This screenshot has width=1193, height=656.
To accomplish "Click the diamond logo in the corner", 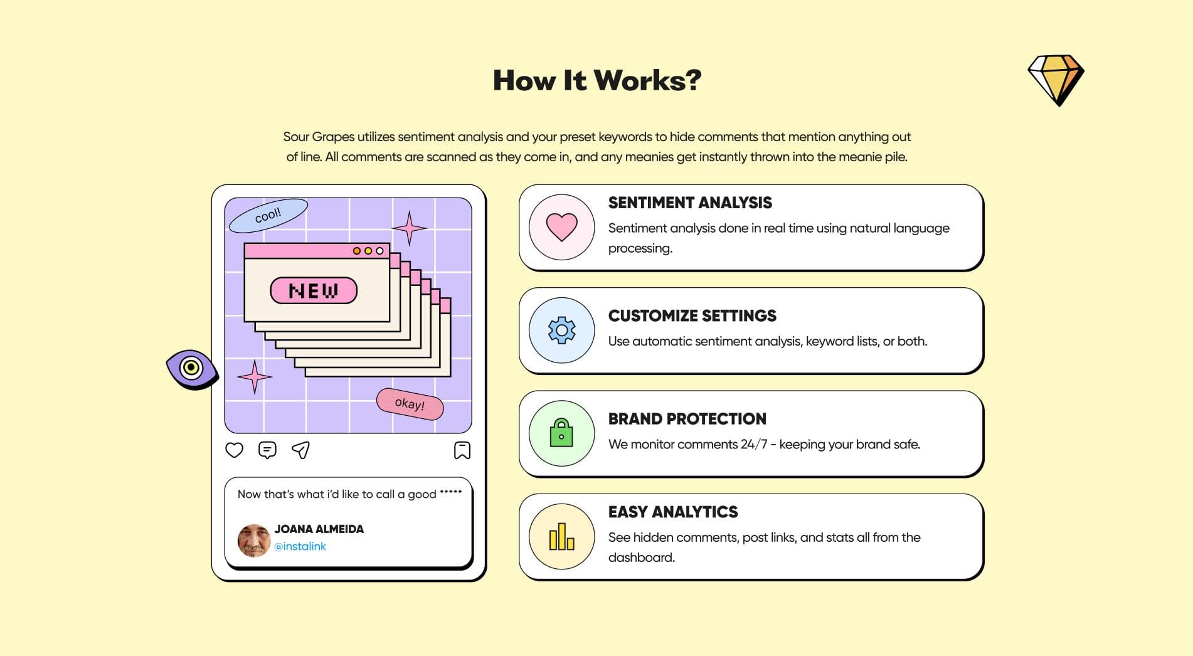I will (1056, 80).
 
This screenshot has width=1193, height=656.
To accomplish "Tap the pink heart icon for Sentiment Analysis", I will (561, 226).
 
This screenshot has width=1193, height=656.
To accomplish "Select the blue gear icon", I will (561, 330).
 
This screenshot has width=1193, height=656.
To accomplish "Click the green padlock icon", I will (561, 433).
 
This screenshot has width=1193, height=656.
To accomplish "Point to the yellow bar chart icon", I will (561, 537).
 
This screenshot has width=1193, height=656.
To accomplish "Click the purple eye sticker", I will (191, 368).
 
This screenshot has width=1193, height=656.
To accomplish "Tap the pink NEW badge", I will (314, 290).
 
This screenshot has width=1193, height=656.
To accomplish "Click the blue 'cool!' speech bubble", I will (268, 215).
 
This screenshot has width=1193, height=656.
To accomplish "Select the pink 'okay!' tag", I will (410, 403).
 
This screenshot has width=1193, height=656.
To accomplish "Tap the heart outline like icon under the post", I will (234, 450).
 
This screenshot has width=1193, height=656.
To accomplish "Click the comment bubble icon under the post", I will (267, 450).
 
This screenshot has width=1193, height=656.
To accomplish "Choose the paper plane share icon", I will (300, 450).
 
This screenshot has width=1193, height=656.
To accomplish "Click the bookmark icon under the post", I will (462, 450).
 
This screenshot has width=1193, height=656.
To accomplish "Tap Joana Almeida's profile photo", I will (253, 539).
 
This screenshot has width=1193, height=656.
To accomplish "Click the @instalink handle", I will (300, 546).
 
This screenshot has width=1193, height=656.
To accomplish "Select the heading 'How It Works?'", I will (596, 80).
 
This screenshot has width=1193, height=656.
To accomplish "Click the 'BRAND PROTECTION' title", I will (687, 418).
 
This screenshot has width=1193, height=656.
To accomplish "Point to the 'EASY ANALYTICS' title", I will (672, 512).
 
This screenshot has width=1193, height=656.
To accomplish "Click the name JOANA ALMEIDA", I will (319, 529).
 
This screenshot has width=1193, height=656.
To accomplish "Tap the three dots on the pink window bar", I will (368, 251).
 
